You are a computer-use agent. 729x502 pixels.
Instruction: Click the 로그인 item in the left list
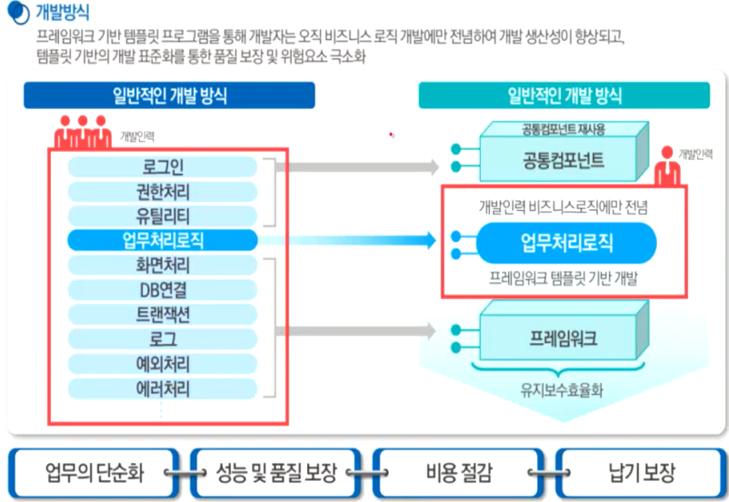tap(163, 166)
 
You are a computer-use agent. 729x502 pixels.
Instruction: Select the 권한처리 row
tap(163, 191)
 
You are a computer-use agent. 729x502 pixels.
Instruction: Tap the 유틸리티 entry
tap(163, 216)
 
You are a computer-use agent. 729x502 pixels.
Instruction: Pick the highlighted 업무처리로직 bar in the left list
tap(163, 240)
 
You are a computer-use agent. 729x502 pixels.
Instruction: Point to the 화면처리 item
tap(163, 266)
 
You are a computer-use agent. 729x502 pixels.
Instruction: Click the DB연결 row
tap(163, 290)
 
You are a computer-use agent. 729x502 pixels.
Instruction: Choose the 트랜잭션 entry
tap(163, 315)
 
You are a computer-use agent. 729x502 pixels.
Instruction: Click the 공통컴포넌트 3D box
tap(564, 159)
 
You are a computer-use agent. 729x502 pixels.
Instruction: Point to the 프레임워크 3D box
tap(564, 338)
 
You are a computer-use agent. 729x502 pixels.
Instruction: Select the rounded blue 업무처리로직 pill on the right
tap(566, 243)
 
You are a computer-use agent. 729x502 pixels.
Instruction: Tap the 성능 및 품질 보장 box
tap(275, 472)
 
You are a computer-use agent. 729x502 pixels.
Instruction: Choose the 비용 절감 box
tap(457, 472)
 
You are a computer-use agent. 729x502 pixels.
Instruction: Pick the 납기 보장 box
tap(642, 472)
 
